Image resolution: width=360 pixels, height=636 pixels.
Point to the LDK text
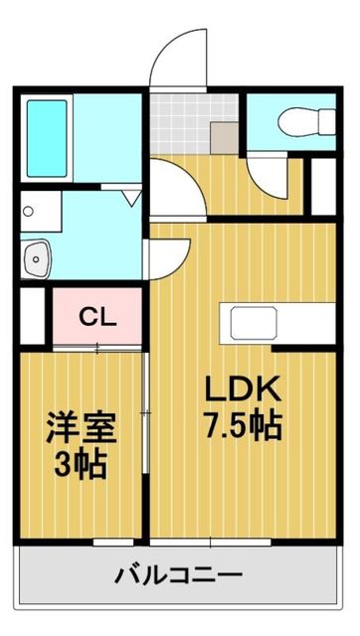point(244,388)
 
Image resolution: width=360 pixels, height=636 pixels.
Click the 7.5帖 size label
point(244,425)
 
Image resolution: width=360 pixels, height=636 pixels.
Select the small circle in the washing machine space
point(30,211)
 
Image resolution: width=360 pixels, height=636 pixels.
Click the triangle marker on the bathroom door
point(130,199)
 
